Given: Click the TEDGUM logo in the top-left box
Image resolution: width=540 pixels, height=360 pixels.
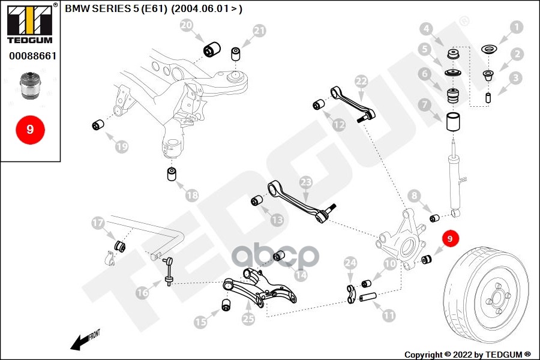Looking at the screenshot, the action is pyautogui.click(x=30, y=24).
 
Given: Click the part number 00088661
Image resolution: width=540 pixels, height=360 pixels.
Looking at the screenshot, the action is pyautogui.click(x=33, y=56).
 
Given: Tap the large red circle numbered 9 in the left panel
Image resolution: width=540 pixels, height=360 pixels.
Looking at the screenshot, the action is pyautogui.click(x=31, y=130).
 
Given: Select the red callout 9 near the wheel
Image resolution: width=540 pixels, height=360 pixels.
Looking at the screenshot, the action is pyautogui.click(x=450, y=238).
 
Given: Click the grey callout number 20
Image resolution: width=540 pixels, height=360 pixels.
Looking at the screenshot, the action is pyautogui.click(x=187, y=25).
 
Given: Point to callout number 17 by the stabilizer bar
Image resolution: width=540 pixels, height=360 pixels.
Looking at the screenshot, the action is pyautogui.click(x=98, y=223).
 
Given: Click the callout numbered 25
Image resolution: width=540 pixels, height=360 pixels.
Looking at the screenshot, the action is pyautogui.click(x=248, y=319).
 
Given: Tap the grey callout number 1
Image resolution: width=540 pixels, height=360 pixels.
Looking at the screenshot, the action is pyautogui.click(x=517, y=27).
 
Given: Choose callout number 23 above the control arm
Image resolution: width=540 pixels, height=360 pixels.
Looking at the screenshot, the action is pyautogui.click(x=306, y=182).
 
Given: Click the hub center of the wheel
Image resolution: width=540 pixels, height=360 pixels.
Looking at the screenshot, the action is pyautogui.click(x=497, y=297).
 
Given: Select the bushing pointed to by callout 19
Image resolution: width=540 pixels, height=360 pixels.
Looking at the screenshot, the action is pyautogui.click(x=98, y=125).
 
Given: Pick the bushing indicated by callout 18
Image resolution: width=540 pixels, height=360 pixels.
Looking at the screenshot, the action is pyautogui.click(x=172, y=174).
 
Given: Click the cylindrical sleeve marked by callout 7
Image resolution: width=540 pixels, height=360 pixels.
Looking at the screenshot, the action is pyautogui.click(x=453, y=122).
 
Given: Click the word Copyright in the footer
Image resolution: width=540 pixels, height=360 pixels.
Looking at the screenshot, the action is pyautogui.click(x=423, y=355).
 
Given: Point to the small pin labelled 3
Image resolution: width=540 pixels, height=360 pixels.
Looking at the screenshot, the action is pyautogui.click(x=488, y=98).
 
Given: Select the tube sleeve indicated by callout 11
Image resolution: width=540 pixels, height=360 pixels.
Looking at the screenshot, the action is pyautogui.click(x=368, y=296).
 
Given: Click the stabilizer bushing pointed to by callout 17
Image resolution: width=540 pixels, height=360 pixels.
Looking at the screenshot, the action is pyautogui.click(x=119, y=246).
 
